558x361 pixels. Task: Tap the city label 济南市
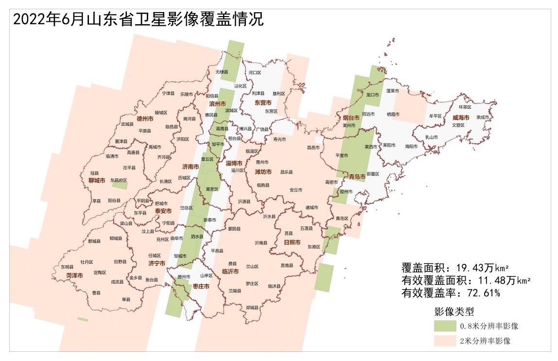pyautogui.click(x=190, y=167)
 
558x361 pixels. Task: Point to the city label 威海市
pyautogui.click(x=461, y=118)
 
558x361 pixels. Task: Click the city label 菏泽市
pyautogui.click(x=74, y=275)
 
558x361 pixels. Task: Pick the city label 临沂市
pyautogui.click(x=230, y=272)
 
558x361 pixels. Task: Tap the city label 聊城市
pyautogui.click(x=97, y=181)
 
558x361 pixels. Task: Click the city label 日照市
pyautogui.click(x=292, y=242)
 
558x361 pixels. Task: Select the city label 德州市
pyautogui.click(x=145, y=118)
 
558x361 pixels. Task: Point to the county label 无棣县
pyautogui.click(x=222, y=72)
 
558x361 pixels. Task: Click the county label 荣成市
pyautogui.click(x=483, y=117)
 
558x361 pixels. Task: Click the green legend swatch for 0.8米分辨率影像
pyautogui.click(x=446, y=326)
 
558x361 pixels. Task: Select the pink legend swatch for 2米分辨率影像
pyautogui.click(x=446, y=341)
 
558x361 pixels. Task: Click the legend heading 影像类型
pyautogui.click(x=454, y=311)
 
